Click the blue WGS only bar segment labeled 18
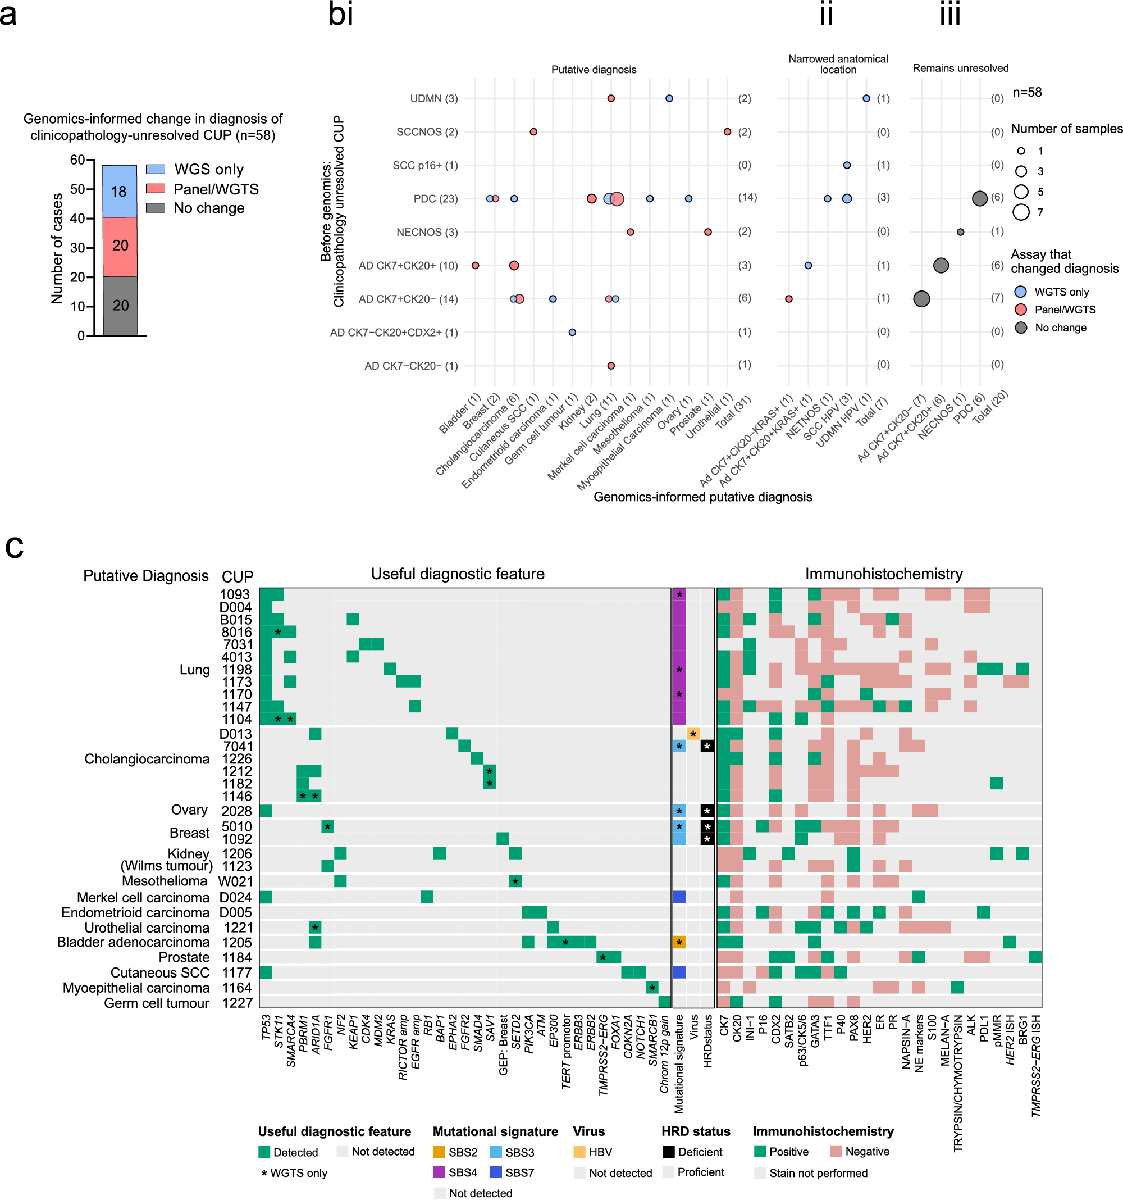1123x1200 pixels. click(x=120, y=192)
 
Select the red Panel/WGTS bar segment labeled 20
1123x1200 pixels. click(x=120, y=246)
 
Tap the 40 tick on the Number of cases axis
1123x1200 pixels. click(x=77, y=219)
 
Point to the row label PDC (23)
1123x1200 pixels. click(x=435, y=198)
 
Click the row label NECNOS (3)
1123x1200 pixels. click(x=427, y=233)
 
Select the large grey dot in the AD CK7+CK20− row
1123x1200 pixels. click(x=921, y=299)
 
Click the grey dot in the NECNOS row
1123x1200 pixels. click(x=960, y=233)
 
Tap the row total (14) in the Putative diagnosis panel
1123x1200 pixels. click(x=747, y=197)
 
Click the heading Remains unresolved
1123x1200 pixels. click(x=960, y=68)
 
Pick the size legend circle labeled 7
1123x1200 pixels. click(x=1021, y=212)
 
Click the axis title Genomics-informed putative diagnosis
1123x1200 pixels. click(x=702, y=497)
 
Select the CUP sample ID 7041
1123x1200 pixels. click(x=237, y=747)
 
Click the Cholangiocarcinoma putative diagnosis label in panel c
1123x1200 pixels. click(x=147, y=759)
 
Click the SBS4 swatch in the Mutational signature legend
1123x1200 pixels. click(x=439, y=1172)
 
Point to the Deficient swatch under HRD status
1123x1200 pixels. click(x=668, y=1152)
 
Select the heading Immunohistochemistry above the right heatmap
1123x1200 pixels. click(x=883, y=574)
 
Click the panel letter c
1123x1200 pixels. click(x=15, y=548)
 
